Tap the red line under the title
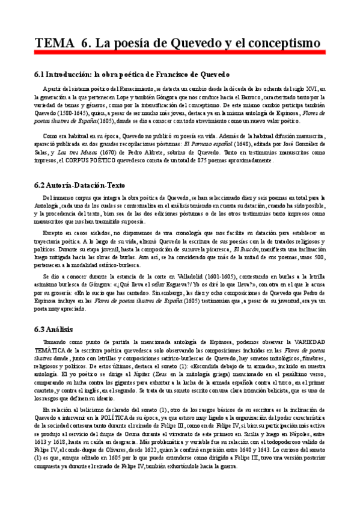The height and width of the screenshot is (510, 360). pyautogui.click(x=180, y=53)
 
